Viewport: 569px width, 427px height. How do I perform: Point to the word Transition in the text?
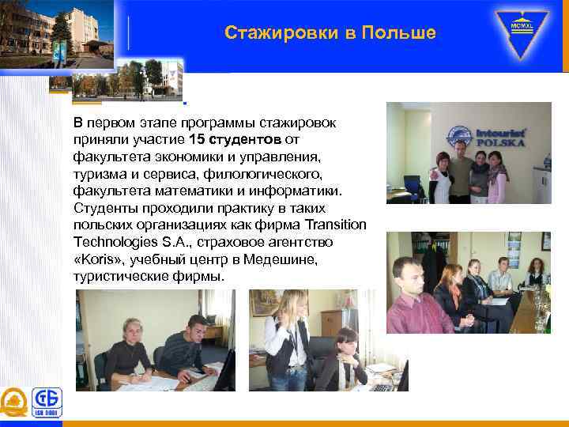click(x=335, y=224)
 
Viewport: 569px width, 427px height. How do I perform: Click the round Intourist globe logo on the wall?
click(x=457, y=134)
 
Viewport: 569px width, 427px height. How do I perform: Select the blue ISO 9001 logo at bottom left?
click(x=47, y=403)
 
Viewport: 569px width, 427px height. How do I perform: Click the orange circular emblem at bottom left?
click(x=13, y=403)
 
